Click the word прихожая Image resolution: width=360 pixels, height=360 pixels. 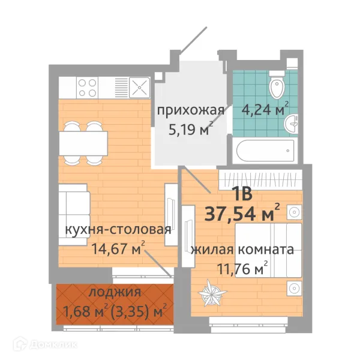pos(190,110)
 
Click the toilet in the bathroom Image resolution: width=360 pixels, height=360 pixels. pos(277,87)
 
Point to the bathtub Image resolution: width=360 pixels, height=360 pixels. pos(265,151)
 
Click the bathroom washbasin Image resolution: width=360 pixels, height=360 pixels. pos(292,123)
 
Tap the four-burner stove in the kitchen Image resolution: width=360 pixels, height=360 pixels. pos(88,88)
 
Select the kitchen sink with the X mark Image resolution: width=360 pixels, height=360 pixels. pos(139,88)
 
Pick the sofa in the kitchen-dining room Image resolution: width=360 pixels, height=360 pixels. pos(74,214)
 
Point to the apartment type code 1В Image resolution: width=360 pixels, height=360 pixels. pos(241,194)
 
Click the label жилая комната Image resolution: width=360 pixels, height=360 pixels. pos(242,250)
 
